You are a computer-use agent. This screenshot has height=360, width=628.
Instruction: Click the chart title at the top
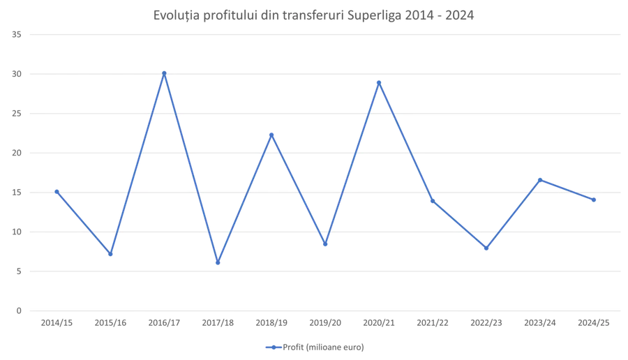[313, 15]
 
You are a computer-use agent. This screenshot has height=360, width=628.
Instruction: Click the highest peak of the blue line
[164, 71]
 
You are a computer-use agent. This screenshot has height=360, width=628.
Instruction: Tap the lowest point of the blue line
[218, 262]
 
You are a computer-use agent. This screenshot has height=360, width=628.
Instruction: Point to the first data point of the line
[57, 188]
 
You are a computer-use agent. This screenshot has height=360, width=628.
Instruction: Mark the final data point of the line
[595, 200]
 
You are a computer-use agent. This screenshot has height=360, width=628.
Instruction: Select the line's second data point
[110, 254]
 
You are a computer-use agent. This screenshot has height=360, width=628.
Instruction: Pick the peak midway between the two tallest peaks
[273, 134]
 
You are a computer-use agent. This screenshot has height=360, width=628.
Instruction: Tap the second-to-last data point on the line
[541, 179]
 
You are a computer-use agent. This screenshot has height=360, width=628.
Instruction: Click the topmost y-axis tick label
[19, 33]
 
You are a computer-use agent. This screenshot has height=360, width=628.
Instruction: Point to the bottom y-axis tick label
[19, 309]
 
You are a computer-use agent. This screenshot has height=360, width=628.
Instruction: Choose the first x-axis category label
[57, 323]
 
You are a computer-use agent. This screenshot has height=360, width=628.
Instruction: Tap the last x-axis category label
[595, 323]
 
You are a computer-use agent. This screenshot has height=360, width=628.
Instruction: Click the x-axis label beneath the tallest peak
[164, 323]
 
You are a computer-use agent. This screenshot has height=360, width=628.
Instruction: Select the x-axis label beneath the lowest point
[218, 323]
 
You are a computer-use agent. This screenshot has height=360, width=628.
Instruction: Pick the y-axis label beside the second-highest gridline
[19, 73]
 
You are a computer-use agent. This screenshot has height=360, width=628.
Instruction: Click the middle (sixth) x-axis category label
[325, 323]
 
